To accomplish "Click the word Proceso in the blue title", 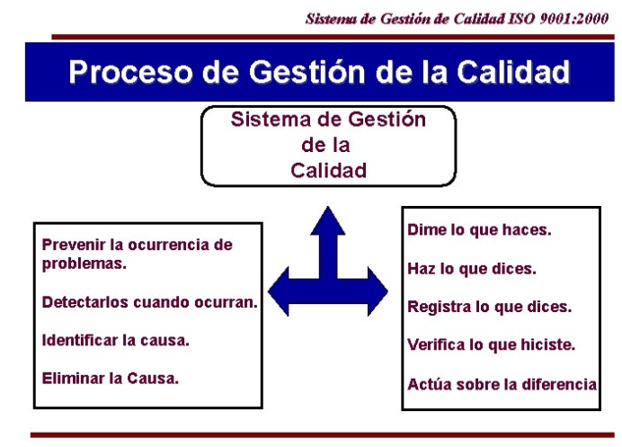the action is click(130, 72).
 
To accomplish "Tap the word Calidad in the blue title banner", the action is click(513, 72).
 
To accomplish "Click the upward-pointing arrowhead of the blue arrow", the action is click(328, 220).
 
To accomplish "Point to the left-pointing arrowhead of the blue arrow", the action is click(279, 291).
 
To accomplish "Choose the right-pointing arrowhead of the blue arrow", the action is click(378, 291).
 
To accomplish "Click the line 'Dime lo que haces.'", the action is click(479, 230).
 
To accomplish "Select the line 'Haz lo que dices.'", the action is click(472, 269).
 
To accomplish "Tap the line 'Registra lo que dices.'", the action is click(490, 307).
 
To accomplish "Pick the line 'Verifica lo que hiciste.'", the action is click(491, 345).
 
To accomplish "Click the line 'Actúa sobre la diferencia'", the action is click(502, 384).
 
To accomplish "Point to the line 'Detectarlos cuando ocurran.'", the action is click(150, 302).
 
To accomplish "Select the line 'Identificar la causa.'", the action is click(115, 341).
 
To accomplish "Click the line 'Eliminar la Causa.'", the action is click(111, 379).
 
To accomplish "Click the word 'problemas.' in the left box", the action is click(84, 264).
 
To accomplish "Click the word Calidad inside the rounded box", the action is click(328, 171).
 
